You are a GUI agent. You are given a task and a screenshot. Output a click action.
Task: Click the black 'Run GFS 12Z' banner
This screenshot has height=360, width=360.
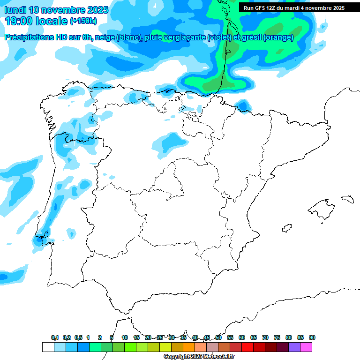click(294, 8)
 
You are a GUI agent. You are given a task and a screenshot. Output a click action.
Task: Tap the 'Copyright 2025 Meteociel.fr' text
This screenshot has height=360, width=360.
click(199, 357)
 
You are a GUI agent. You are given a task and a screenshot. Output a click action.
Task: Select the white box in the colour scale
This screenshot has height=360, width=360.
click(48, 347)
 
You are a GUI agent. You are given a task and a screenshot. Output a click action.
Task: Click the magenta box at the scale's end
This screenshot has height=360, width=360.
click(306, 347)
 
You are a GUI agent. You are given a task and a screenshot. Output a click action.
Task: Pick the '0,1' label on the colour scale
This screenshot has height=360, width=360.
click(55, 338)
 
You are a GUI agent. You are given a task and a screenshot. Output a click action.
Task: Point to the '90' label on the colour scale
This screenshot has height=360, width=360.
click(312, 338)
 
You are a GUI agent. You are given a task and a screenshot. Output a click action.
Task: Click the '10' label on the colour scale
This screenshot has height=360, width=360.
click(125, 338)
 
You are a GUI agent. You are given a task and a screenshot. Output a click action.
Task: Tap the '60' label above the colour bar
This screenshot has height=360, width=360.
click(242, 338)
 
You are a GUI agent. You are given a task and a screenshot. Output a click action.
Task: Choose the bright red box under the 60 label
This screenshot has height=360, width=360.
click(247, 347)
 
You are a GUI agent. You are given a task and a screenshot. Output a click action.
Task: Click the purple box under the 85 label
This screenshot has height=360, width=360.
click(294, 347)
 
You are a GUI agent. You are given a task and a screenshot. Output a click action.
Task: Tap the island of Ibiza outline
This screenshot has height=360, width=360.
click(286, 228)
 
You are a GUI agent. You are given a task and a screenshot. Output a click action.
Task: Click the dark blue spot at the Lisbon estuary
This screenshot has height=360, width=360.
click(37, 241)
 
